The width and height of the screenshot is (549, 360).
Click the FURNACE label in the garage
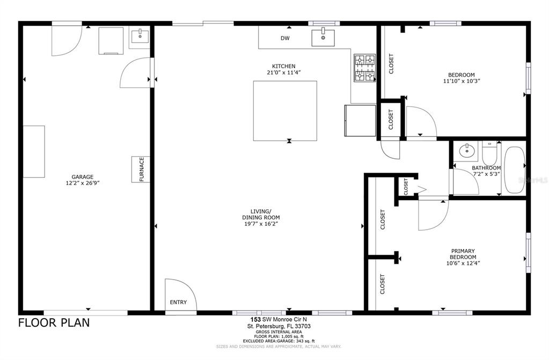[x=142, y=169]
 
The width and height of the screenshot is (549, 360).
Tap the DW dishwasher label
[x=285, y=38]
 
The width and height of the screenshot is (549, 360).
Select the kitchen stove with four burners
[x=364, y=68]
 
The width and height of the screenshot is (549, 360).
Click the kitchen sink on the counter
[x=323, y=38]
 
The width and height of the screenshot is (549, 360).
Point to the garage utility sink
[x=140, y=36]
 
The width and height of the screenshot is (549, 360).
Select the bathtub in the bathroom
[x=514, y=170]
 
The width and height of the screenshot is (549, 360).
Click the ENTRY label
[x=178, y=302]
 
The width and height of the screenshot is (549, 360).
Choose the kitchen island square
[x=285, y=111]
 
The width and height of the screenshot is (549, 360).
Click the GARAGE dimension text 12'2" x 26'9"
[x=83, y=183]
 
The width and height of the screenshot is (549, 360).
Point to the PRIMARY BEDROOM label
[x=463, y=254]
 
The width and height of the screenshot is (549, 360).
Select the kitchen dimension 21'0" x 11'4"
[x=283, y=72]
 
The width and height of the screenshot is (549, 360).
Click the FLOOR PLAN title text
[x=54, y=322]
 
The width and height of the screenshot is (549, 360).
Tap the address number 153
[x=254, y=319]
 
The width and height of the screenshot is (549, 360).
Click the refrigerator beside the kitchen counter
[x=360, y=121]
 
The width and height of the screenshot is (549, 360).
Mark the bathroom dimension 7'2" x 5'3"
[x=486, y=174]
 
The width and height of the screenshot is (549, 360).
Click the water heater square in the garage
[x=111, y=41]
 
